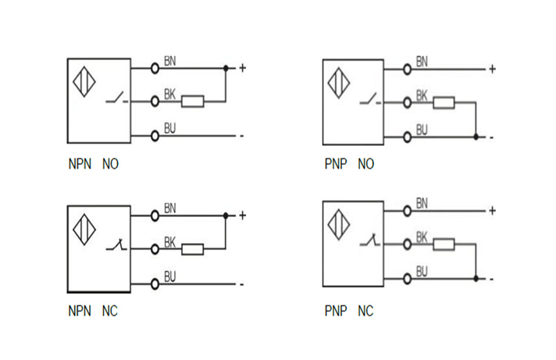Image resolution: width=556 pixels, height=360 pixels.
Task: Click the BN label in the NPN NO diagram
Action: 170,61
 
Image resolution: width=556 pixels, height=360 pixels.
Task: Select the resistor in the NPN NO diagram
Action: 193,101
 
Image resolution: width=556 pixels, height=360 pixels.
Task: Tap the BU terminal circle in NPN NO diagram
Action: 155,135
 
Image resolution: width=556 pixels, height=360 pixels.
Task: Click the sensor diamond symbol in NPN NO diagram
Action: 84,84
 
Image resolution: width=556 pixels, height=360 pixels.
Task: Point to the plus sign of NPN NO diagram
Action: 242,68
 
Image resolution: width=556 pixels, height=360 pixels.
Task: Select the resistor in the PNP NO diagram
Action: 444,102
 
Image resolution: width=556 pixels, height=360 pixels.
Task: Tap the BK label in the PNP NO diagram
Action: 422,95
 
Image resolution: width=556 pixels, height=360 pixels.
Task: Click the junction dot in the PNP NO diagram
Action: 476,137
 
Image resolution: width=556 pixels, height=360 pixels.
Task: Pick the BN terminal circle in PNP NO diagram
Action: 407,69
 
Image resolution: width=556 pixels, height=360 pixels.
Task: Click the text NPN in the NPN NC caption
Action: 80,311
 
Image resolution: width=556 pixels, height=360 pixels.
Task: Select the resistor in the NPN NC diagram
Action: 193,249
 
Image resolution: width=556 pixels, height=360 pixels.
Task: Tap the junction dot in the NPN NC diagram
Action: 226,216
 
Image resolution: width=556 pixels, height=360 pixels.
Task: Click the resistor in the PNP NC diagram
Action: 444,244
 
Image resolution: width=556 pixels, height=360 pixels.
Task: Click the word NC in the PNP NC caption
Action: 365,311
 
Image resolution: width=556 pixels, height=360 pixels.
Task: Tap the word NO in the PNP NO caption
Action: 365,165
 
